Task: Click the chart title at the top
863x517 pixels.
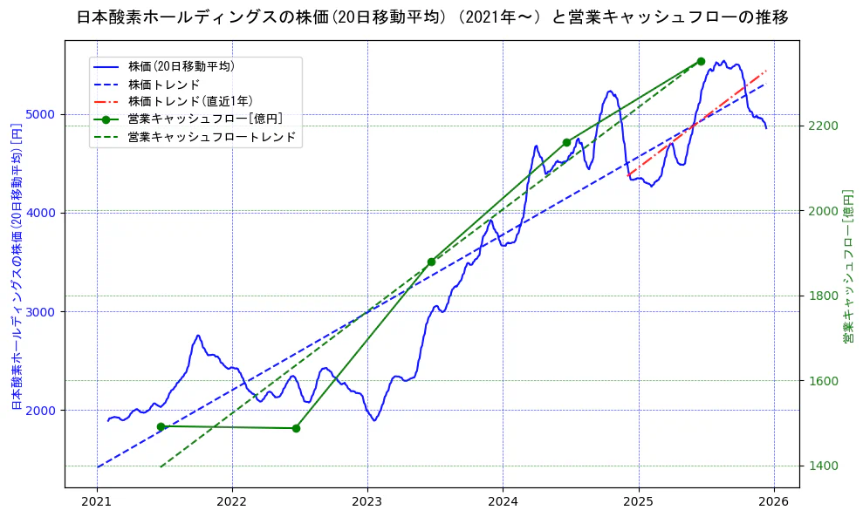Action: tap(432, 17)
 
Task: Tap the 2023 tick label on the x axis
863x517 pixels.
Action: tap(367, 501)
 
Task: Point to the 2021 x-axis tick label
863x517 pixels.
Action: tap(97, 501)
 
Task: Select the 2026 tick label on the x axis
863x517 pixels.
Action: tap(774, 501)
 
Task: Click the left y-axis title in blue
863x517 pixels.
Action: tap(17, 266)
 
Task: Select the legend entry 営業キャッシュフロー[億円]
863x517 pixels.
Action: tap(204, 119)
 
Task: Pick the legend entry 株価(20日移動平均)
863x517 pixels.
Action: tap(181, 66)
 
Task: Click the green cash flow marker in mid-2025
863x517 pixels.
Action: tap(701, 62)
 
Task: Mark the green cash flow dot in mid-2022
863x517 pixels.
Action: tap(296, 428)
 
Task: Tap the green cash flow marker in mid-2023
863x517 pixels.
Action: tap(431, 262)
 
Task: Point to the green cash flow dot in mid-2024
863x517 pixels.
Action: tap(566, 142)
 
